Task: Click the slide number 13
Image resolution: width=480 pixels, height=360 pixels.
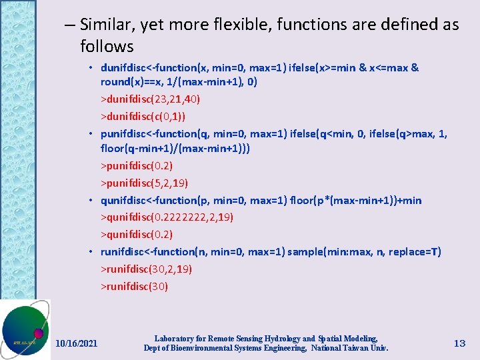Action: pos(459,343)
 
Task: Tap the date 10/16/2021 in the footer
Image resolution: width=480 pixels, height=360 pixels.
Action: pos(76,343)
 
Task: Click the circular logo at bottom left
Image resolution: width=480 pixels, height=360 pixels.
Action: pos(25,330)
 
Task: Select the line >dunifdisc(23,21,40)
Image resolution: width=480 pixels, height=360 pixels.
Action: pos(150,99)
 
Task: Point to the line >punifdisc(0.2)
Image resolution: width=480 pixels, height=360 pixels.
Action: pos(136,165)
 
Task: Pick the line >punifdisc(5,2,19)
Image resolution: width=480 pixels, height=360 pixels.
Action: pos(144,183)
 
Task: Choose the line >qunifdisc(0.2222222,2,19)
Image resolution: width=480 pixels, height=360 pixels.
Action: pos(167,217)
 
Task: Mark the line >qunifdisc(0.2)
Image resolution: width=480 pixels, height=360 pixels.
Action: pos(136,235)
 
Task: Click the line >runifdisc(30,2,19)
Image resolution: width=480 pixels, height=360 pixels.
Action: pos(146,269)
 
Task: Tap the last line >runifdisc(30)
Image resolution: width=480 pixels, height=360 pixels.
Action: pos(134,287)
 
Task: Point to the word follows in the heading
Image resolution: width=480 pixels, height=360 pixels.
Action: pos(107,47)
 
